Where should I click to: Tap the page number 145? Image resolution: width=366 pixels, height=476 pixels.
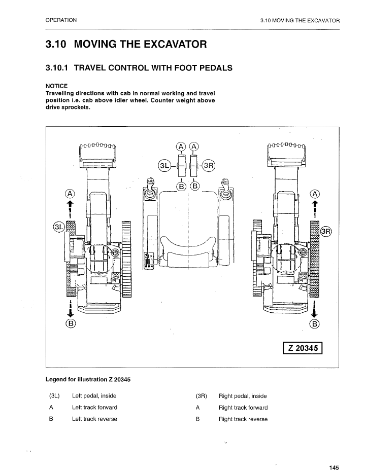334,467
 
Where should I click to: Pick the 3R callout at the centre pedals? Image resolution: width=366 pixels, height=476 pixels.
209,166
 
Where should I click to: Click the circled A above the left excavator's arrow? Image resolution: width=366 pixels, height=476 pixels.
70,194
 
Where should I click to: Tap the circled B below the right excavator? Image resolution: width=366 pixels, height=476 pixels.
315,323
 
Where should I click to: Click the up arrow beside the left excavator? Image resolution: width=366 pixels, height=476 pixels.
70,205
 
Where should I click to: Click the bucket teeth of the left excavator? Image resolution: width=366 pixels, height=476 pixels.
98,146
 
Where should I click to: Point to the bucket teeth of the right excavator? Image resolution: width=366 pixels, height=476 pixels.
287,146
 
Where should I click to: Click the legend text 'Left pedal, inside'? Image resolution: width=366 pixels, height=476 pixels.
94,396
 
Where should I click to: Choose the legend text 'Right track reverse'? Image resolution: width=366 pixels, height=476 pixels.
243,419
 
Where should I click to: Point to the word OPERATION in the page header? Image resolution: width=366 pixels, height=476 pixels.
61,20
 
